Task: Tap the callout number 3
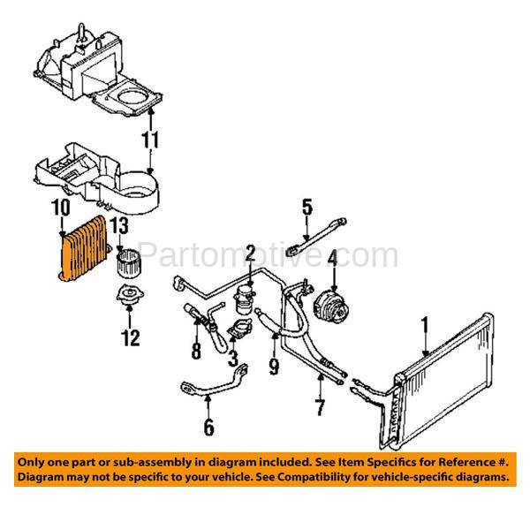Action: pos(232,359)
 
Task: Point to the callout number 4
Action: pos(333,259)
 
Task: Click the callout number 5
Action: pos(307,208)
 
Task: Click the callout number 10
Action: pos(59,208)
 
